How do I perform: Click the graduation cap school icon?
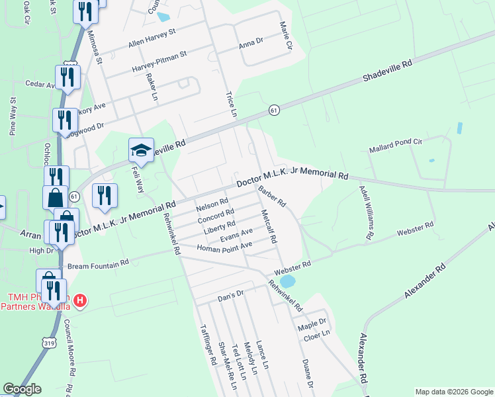(141, 150)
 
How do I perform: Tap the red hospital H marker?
(80, 300)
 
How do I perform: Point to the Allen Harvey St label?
(152, 37)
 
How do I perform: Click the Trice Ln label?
(231, 104)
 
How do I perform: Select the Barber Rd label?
(271, 196)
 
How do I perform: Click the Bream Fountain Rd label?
(99, 263)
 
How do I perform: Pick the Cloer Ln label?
(316, 337)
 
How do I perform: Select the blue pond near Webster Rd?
(287, 281)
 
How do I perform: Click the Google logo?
(22, 390)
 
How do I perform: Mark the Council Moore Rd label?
(67, 347)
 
